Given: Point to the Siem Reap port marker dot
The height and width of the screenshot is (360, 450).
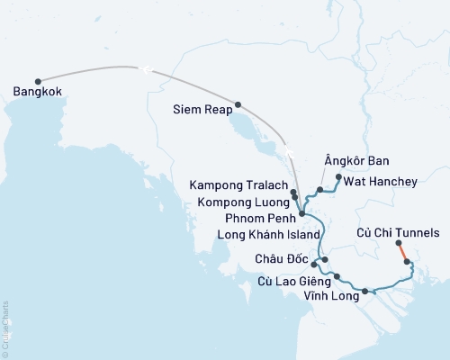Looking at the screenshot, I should pyautogui.click(x=238, y=104).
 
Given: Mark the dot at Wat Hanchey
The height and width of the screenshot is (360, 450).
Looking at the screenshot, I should pyautogui.click(x=338, y=177).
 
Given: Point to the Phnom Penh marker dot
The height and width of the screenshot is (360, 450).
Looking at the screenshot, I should pyautogui.click(x=301, y=213).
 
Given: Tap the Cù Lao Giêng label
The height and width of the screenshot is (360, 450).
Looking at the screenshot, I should pyautogui.click(x=290, y=282).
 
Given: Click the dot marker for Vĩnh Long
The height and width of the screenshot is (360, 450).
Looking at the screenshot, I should pyautogui.click(x=365, y=292).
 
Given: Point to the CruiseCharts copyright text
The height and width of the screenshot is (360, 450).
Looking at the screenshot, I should pyautogui.click(x=5, y=328).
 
